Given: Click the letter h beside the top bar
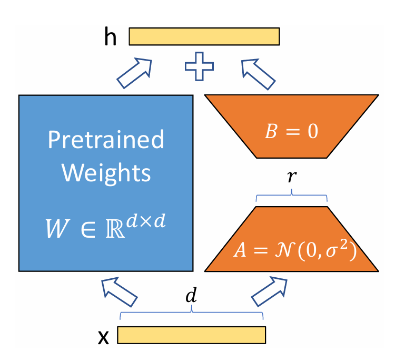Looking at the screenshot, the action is pyautogui.click(x=111, y=36).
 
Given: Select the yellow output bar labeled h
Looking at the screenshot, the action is pyautogui.click(x=204, y=36).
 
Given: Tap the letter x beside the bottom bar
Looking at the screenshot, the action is pyautogui.click(x=103, y=337).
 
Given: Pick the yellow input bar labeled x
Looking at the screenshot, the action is pyautogui.click(x=192, y=335).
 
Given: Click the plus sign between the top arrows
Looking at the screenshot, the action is pyautogui.click(x=199, y=66).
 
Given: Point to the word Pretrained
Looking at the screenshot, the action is pyautogui.click(x=106, y=139).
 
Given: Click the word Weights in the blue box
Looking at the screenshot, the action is pyautogui.click(x=106, y=173).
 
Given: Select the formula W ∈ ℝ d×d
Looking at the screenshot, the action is pyautogui.click(x=105, y=226).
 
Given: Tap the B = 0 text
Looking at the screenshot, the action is pyautogui.click(x=291, y=131).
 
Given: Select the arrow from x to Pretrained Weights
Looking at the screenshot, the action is pyautogui.click(x=119, y=292).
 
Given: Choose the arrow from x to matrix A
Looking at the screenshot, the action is pyautogui.click(x=269, y=291).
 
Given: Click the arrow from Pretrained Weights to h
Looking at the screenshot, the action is pyautogui.click(x=134, y=73).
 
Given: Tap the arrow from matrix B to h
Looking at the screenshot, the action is pyautogui.click(x=258, y=74).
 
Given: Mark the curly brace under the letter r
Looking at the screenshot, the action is pyautogui.click(x=291, y=196).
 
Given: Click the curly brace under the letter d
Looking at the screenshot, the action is pyautogui.click(x=192, y=313).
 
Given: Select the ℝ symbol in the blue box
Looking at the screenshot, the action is pyautogui.click(x=115, y=229).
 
